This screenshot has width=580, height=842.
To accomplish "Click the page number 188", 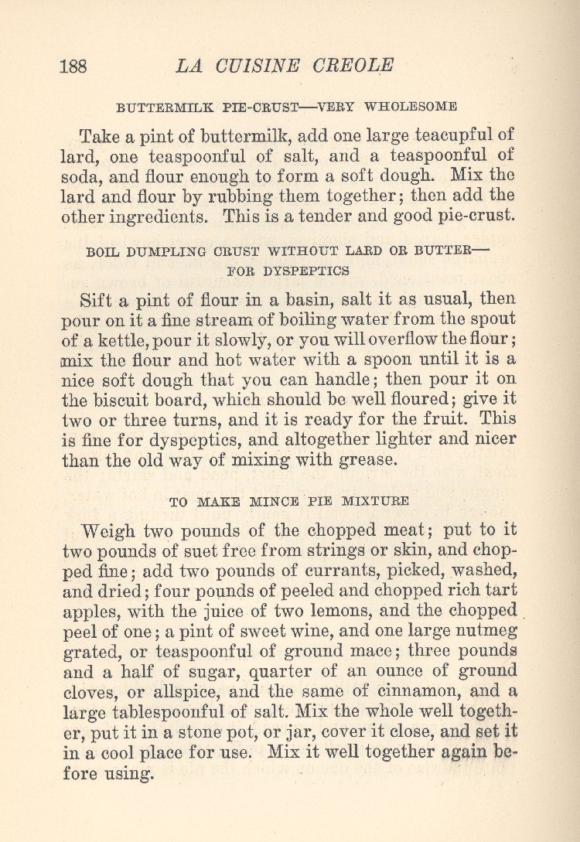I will pyautogui.click(x=73, y=66).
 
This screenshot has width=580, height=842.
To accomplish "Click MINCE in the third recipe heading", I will pyautogui.click(x=275, y=502).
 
